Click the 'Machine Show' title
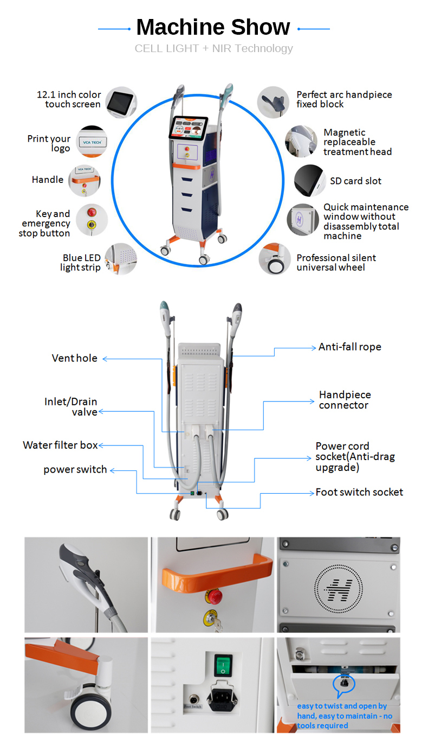(x=213, y=27)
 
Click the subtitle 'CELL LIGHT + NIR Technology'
(x=213, y=48)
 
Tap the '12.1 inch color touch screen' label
(x=69, y=99)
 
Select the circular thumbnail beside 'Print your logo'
(x=92, y=142)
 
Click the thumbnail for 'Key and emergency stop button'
(x=92, y=220)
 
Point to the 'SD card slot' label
(x=355, y=181)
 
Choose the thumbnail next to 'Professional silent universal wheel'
(x=273, y=259)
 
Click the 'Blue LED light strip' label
(x=81, y=263)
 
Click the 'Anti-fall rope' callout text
(x=349, y=347)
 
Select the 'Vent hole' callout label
(x=75, y=358)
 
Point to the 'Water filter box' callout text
(x=60, y=445)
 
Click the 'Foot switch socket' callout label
(x=359, y=492)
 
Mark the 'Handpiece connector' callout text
(x=345, y=400)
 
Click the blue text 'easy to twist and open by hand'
(x=341, y=706)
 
